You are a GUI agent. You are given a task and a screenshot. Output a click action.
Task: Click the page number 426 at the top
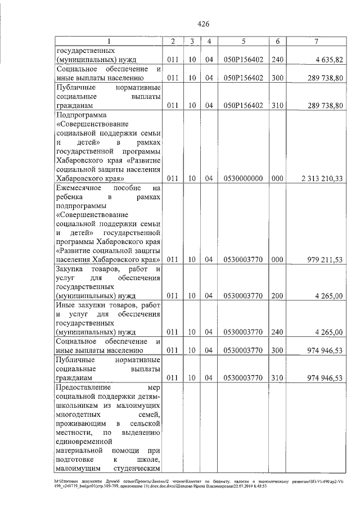point(204,24)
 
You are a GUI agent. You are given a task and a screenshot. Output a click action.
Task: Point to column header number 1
point(109,42)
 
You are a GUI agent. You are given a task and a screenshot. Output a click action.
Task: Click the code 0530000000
point(244,178)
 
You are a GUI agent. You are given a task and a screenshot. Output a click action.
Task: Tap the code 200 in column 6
point(277,295)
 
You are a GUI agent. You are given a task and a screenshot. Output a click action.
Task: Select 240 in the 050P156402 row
point(277,60)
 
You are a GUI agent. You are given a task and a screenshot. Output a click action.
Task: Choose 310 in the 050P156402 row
point(277,105)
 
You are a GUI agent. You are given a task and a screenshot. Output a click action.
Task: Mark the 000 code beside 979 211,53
point(277,259)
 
